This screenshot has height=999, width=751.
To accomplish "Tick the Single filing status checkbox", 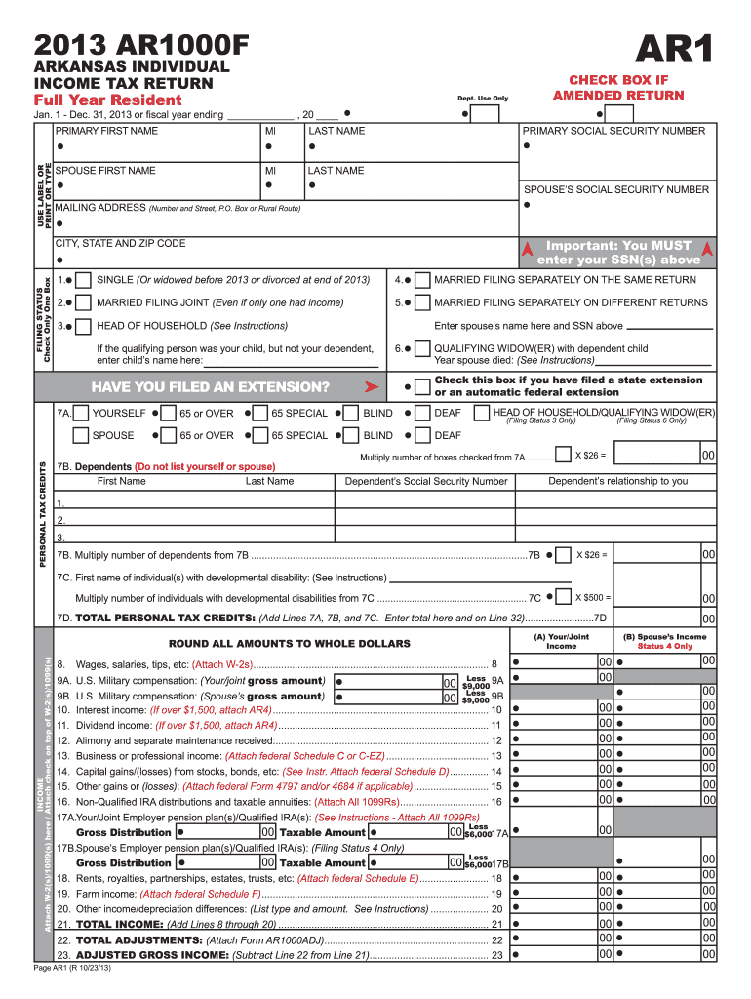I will point(84,280).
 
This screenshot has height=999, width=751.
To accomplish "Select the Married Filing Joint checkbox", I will point(84,302).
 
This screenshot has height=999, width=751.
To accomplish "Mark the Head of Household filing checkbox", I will point(84,325).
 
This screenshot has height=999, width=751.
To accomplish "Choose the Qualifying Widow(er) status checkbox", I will point(421,348).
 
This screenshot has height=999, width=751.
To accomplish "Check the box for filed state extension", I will point(421,386).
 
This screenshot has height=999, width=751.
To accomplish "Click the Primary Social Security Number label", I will point(613,131).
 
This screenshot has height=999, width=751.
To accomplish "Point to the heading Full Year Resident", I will point(107,100).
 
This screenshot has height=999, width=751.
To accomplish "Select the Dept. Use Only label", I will point(483,98).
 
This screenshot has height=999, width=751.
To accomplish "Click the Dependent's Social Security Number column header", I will point(426,481).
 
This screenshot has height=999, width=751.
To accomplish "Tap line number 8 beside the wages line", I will point(495,664).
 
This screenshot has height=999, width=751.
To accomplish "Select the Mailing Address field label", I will point(99,208).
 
